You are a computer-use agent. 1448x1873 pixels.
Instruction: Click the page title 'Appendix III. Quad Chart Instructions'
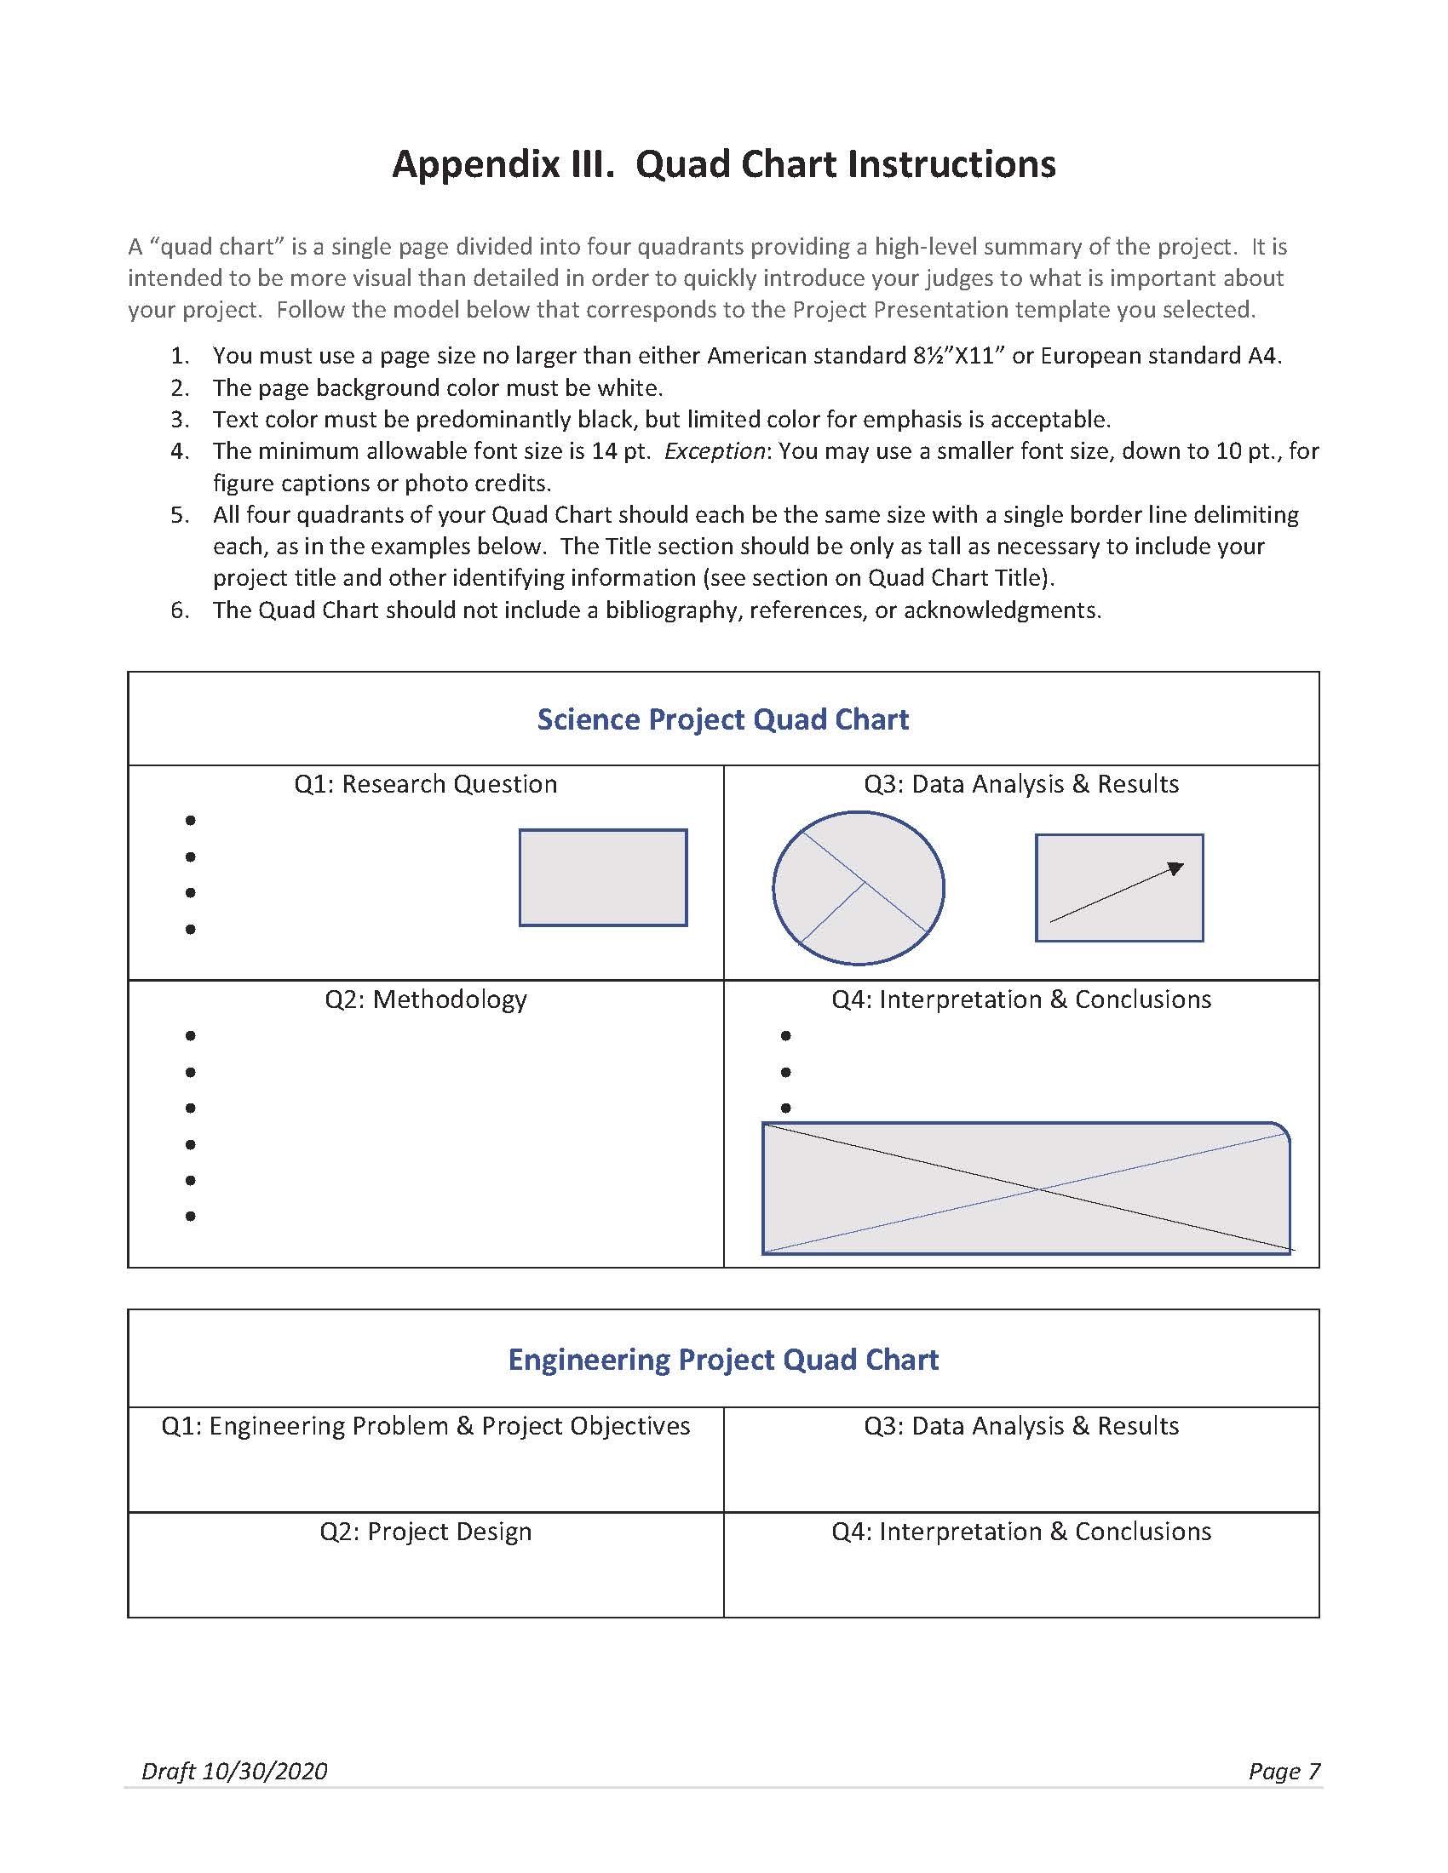tap(723, 163)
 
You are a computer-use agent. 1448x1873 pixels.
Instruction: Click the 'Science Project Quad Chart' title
tap(722, 719)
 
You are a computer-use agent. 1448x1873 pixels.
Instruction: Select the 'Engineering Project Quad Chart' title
tap(722, 1360)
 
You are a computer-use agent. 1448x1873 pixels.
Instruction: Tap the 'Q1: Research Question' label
tap(426, 784)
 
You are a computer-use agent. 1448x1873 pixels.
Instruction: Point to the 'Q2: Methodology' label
tap(426, 1000)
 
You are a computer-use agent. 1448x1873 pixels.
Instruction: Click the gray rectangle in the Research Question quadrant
tap(603, 877)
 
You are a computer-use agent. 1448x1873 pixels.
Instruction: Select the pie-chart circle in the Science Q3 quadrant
tap(858, 888)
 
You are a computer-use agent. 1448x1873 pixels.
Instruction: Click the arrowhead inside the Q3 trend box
tap(1175, 868)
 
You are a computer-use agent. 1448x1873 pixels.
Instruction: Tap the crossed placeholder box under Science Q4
tap(1026, 1188)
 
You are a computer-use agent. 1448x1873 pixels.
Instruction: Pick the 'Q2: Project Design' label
tap(426, 1532)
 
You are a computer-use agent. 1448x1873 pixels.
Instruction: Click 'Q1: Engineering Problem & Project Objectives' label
tap(426, 1426)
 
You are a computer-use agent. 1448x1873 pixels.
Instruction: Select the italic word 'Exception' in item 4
tap(715, 451)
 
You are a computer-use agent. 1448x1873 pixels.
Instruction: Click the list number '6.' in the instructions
tap(180, 610)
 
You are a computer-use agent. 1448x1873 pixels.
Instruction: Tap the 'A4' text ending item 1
tap(1262, 356)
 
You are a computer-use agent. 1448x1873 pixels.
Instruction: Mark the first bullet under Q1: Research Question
tap(191, 821)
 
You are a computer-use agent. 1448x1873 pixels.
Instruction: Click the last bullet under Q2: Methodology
tap(191, 1216)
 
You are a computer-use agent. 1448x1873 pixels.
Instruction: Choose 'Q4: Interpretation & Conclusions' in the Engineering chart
tap(1020, 1532)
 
